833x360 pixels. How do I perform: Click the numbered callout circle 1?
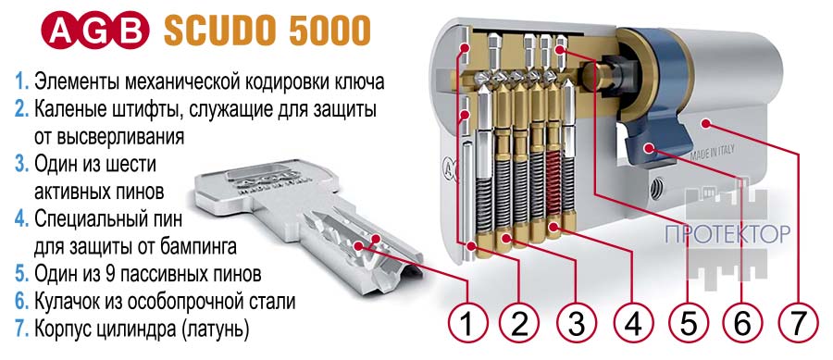tap(467, 322)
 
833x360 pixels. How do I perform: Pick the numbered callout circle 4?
tap(633, 322)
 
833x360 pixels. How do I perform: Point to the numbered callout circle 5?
tap(688, 322)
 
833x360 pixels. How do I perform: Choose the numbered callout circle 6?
tap(742, 322)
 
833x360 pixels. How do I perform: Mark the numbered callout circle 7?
tap(799, 322)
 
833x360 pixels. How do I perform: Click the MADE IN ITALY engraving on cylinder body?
tap(713, 153)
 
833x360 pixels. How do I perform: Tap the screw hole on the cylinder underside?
tap(657, 188)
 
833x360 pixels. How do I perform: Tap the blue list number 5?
tap(22, 274)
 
